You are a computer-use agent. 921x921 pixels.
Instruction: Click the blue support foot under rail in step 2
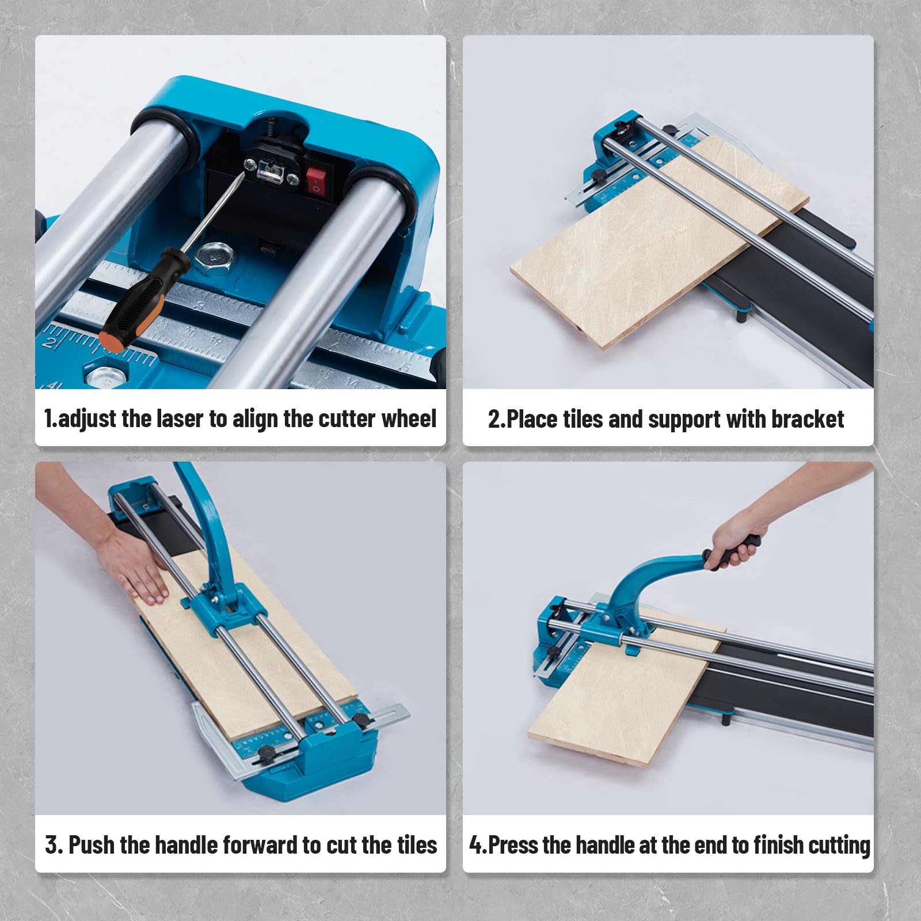(x=741, y=315)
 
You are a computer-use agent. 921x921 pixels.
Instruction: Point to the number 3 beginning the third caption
(x=52, y=845)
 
